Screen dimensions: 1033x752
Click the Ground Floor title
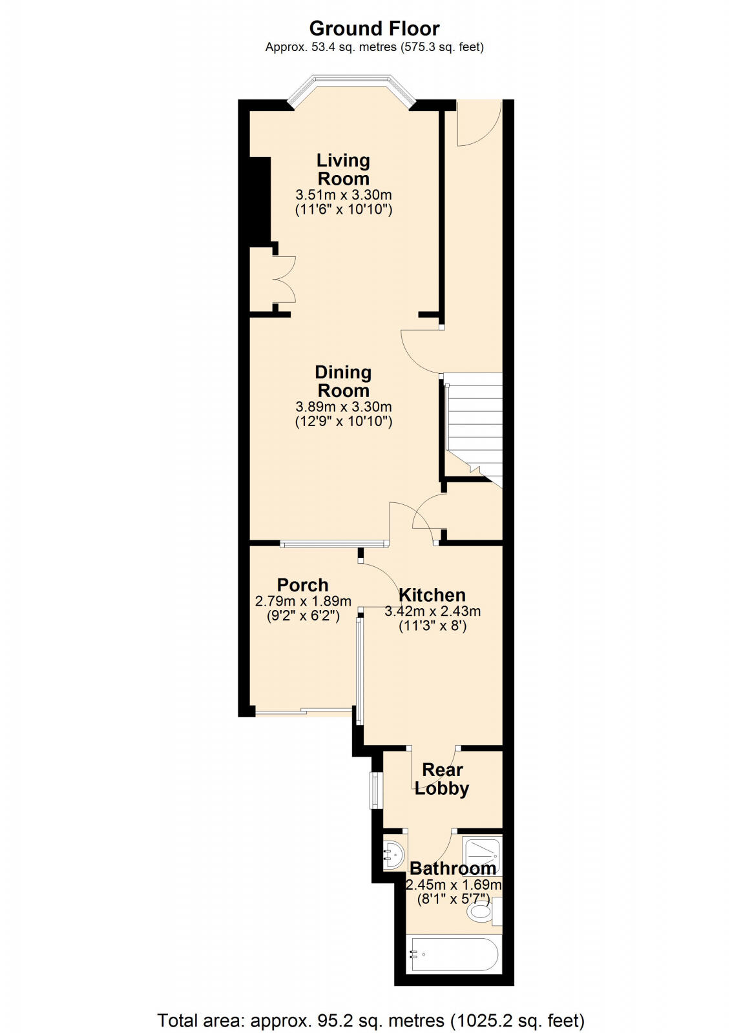point(374,28)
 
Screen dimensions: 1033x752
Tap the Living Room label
point(343,169)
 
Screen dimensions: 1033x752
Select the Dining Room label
point(343,381)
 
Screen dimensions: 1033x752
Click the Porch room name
point(302,585)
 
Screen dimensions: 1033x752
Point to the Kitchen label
point(432,595)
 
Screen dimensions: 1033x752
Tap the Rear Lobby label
point(442,779)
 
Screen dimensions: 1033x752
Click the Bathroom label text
point(452,868)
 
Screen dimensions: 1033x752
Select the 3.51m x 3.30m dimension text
point(343,194)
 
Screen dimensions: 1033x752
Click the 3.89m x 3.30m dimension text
point(343,407)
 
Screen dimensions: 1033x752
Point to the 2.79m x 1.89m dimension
point(303,601)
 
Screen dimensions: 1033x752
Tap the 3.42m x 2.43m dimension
point(432,611)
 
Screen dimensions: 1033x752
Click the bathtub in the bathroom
point(454,954)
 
